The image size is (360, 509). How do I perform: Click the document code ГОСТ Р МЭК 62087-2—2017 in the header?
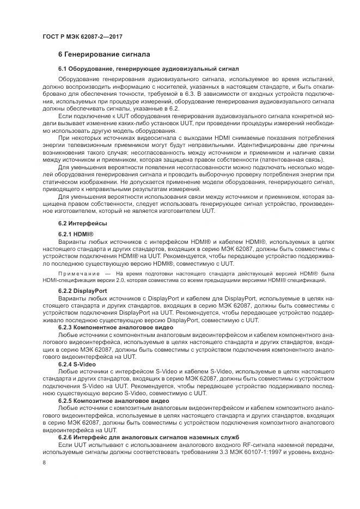[82, 36]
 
